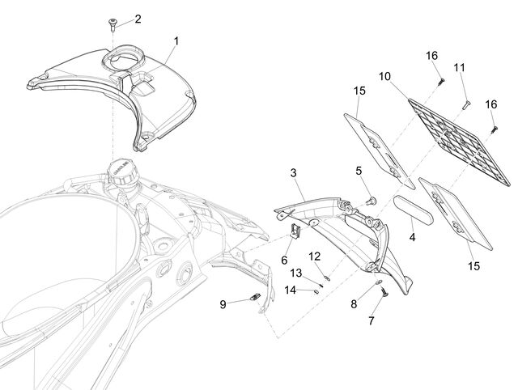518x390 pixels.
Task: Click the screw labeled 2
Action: [112, 24]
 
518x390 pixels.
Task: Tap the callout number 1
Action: [176, 41]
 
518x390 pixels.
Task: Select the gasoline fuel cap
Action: [121, 172]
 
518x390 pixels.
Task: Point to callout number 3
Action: [293, 172]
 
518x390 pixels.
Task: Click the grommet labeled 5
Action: [372, 200]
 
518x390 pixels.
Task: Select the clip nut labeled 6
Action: [295, 230]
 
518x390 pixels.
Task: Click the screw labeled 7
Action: [384, 292]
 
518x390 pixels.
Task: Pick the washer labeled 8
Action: [379, 282]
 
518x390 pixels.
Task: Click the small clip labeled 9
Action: [255, 297]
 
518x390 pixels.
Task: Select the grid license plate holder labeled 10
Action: [460, 142]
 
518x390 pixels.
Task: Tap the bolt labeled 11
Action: [467, 105]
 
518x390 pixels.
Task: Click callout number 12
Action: [315, 256]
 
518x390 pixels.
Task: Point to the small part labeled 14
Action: [315, 291]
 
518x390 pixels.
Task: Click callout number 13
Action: [296, 273]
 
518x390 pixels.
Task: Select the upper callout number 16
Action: [431, 56]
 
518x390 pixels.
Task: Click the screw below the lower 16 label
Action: [495, 129]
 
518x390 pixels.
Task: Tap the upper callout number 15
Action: [359, 91]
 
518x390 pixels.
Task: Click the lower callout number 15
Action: [473, 266]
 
